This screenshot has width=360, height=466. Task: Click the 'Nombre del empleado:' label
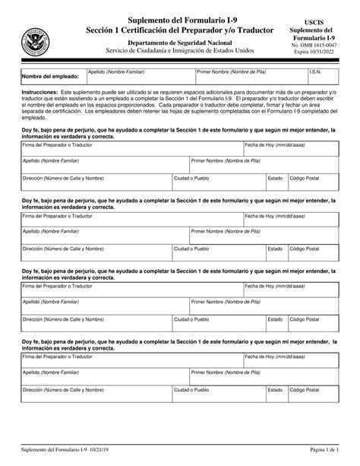click(x=50, y=77)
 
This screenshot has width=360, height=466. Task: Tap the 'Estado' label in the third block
click(x=275, y=319)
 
